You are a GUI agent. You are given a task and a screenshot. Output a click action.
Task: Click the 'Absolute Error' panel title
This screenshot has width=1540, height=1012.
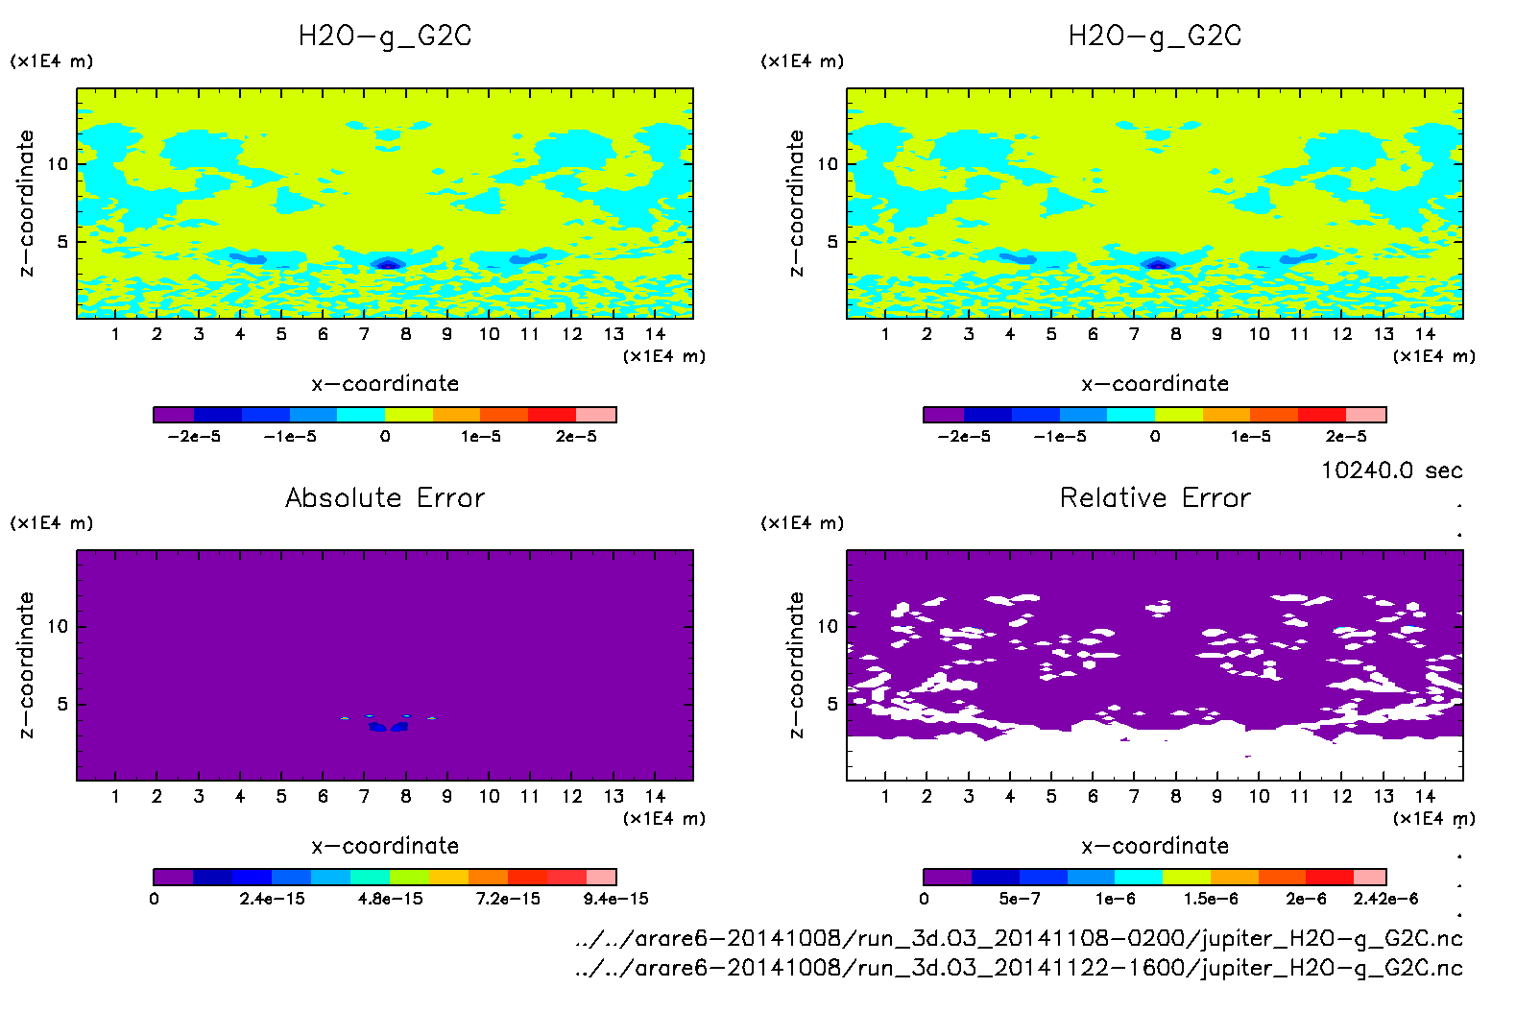(385, 497)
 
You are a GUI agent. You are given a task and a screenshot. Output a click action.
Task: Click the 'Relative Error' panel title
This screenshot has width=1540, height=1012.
(1155, 497)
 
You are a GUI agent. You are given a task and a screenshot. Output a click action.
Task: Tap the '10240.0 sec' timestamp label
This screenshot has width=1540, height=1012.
(1391, 470)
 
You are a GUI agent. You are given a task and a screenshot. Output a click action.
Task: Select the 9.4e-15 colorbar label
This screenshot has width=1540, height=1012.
(615, 899)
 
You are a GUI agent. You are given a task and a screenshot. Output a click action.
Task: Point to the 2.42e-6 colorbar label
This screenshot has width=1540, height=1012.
(1385, 899)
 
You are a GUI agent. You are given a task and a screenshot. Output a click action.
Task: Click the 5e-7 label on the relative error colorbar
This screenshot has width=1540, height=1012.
(1019, 899)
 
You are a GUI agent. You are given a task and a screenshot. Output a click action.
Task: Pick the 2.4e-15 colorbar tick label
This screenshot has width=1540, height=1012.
(272, 899)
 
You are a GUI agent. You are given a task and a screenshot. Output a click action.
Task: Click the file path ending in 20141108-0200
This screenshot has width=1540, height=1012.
(1019, 938)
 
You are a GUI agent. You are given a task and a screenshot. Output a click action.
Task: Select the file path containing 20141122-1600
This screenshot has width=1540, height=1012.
(1019, 967)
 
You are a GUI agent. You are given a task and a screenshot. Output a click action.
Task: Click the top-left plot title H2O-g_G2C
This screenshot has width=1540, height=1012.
(385, 36)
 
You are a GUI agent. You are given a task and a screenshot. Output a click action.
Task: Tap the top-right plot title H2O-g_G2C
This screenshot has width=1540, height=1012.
(1155, 36)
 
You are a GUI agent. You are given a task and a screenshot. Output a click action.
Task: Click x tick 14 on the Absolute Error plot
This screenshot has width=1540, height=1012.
(655, 796)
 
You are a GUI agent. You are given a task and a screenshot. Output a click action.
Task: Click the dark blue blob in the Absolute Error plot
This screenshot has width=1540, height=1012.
(389, 727)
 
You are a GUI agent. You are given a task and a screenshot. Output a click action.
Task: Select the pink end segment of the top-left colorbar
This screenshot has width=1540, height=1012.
(596, 415)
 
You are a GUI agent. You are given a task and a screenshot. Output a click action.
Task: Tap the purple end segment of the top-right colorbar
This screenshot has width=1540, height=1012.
(944, 415)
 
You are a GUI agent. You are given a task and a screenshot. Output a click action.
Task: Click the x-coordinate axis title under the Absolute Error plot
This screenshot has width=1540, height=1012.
(385, 846)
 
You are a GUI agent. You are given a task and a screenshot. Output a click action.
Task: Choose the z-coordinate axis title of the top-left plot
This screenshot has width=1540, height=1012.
(26, 204)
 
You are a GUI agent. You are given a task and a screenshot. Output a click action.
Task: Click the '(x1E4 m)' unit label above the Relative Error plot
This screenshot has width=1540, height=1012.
(802, 523)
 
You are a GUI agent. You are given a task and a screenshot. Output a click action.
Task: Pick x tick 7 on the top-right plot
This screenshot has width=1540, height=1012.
(1134, 334)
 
